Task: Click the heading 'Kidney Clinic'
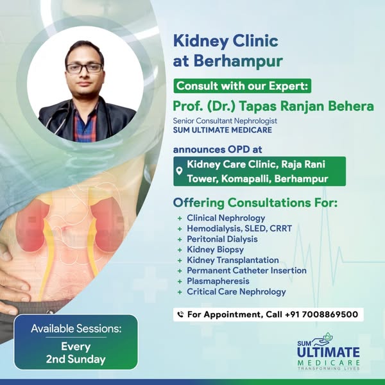pos(226,42)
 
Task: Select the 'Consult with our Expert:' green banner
pos(243,86)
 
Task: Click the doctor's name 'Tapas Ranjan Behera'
pos(307,107)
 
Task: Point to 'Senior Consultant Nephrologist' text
pos(225,121)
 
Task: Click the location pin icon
pos(180,171)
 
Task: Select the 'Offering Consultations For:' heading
pos(255,203)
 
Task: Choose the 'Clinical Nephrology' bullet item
pos(226,218)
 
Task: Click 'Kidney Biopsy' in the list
pos(216,250)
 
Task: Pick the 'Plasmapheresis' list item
pos(218,281)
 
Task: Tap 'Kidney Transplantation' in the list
pos(233,260)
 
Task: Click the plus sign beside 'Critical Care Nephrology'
pos(180,292)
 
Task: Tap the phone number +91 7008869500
pos(321,314)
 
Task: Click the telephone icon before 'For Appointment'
pos(180,314)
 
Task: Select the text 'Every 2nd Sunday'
pos(76,353)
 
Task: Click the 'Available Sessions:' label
pos(76,329)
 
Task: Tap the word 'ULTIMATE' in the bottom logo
pos(329,352)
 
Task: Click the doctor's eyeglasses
pos(84,68)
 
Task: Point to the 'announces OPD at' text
pos(218,150)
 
